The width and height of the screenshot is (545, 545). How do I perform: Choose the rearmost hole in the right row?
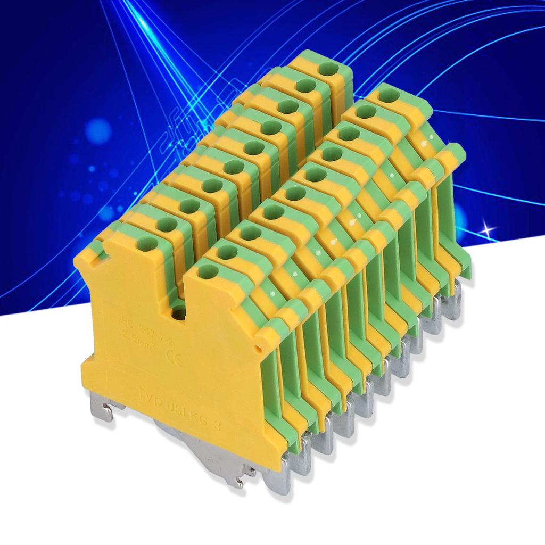[390, 96]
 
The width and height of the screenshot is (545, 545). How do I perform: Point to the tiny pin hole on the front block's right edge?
[258, 350]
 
